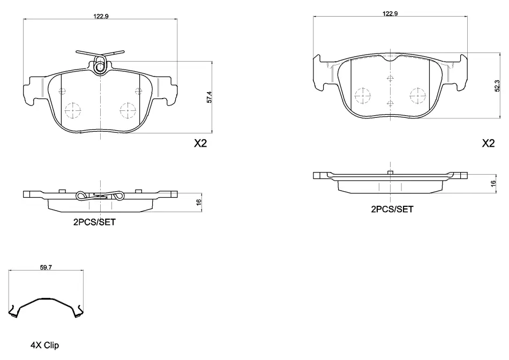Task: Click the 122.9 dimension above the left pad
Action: coord(101,16)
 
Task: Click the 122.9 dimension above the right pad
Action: coord(390,13)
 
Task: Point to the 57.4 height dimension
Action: coord(209,97)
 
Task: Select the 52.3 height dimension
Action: coord(497,86)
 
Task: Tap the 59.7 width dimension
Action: coord(46,267)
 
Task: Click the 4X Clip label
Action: coord(45,346)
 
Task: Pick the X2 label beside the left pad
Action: coord(200,143)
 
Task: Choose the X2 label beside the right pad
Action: coord(488,143)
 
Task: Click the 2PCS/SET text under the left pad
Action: coord(94,222)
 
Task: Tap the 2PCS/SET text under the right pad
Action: coord(392,209)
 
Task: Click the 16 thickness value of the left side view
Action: coord(199,202)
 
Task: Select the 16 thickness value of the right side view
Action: coord(493,183)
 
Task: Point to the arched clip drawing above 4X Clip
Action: coord(46,298)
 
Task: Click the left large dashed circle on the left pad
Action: coord(73,111)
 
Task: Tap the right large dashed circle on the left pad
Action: coord(128,111)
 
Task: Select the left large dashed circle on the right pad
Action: coord(363,96)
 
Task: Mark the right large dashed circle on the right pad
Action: coord(417,96)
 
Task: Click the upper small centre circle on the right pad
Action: coord(390,78)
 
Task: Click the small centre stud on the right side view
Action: coord(391,172)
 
